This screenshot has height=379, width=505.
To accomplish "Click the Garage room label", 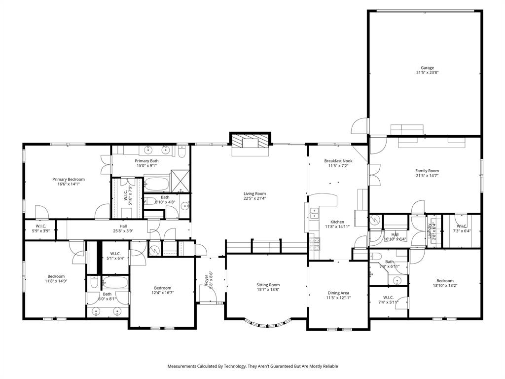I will (x=427, y=68).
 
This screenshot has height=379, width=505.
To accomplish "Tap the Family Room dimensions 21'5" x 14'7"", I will (x=427, y=176).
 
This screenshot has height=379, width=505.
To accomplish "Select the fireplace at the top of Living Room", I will (x=252, y=143).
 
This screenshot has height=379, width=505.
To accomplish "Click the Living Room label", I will (x=254, y=193).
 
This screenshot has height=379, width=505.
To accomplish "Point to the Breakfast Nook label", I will (x=338, y=161).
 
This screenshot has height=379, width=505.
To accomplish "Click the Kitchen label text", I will (x=338, y=222).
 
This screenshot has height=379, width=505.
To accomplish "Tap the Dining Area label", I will (x=338, y=293).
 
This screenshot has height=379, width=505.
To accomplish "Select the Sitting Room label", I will (x=268, y=285).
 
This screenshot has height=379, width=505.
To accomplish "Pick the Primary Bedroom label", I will (x=69, y=179).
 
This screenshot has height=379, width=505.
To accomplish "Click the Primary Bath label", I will (x=147, y=161).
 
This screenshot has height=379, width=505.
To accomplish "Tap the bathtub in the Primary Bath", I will (x=157, y=185).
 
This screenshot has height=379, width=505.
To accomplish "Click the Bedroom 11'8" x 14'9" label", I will (x=56, y=276).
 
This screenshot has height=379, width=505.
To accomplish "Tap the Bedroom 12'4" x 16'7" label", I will (x=162, y=288).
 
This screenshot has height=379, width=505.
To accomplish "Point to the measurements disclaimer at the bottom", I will (x=252, y=366).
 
